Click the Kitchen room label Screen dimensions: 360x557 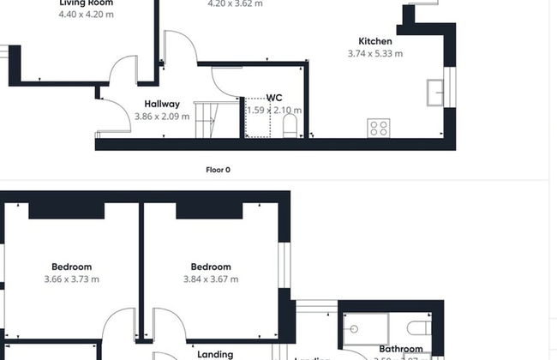pos(375,41)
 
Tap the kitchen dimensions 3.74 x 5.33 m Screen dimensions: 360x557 pos(375,53)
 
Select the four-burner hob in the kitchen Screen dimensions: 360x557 pos(378,128)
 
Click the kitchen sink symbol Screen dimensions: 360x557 pos(435,89)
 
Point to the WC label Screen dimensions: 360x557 pos(274,98)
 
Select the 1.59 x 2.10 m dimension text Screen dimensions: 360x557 pos(274,110)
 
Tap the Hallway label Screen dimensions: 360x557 pos(162,104)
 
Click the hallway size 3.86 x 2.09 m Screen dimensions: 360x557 pos(162,116)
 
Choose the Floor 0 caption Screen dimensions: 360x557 pos(218,170)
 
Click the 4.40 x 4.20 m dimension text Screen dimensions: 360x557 pos(86,15)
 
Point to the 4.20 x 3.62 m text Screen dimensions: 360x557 pos(235,4)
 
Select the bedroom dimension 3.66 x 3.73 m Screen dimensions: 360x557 pos(71,279)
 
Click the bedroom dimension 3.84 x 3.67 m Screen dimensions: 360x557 pos(211,279)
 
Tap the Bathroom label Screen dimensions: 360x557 pos(401,349)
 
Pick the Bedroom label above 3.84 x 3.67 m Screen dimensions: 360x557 pos(211,267)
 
